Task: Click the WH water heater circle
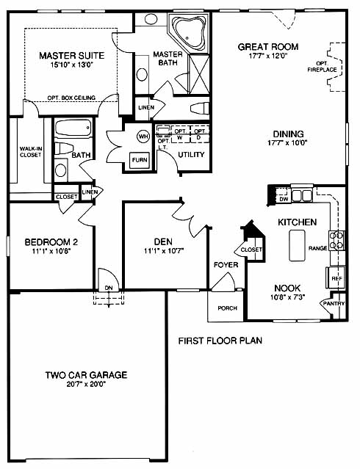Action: [x=143, y=137]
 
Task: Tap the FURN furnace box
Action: [x=140, y=160]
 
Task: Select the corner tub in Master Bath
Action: [x=188, y=32]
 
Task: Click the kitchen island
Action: [x=297, y=245]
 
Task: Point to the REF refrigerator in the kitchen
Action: [x=336, y=278]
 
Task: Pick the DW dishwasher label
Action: [x=284, y=199]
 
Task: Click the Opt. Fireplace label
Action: [x=322, y=67]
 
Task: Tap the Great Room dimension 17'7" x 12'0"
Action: [x=268, y=56]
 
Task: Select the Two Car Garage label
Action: [x=86, y=375]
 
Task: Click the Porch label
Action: [x=227, y=308]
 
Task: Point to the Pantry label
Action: [x=334, y=303]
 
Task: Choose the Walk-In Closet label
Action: [x=30, y=152]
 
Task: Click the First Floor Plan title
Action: [x=220, y=341]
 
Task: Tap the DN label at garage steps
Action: [x=109, y=288]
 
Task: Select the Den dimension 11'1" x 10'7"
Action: [x=164, y=251]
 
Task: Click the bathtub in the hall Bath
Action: [x=73, y=128]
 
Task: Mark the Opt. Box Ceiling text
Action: [x=71, y=98]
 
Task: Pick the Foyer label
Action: [x=226, y=265]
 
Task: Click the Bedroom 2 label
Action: [x=51, y=241]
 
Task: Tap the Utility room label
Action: [x=191, y=155]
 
